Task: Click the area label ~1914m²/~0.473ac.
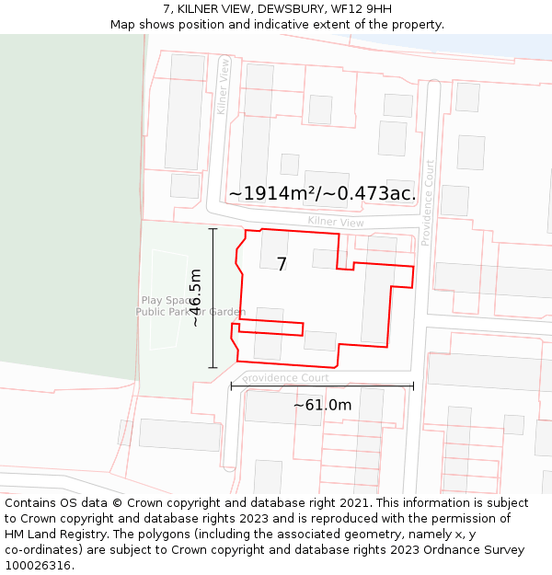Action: pos(322,193)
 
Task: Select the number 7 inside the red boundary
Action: pos(282,264)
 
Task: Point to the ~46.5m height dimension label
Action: pos(195,298)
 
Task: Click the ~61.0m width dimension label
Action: pos(322,405)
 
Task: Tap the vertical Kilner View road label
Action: pos(224,86)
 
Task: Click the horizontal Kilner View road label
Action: pos(336,222)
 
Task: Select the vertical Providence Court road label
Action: pos(427,202)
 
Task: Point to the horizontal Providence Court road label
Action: pos(286,378)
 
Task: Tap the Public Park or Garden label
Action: pos(190,312)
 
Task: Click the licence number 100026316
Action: pos(37,566)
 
